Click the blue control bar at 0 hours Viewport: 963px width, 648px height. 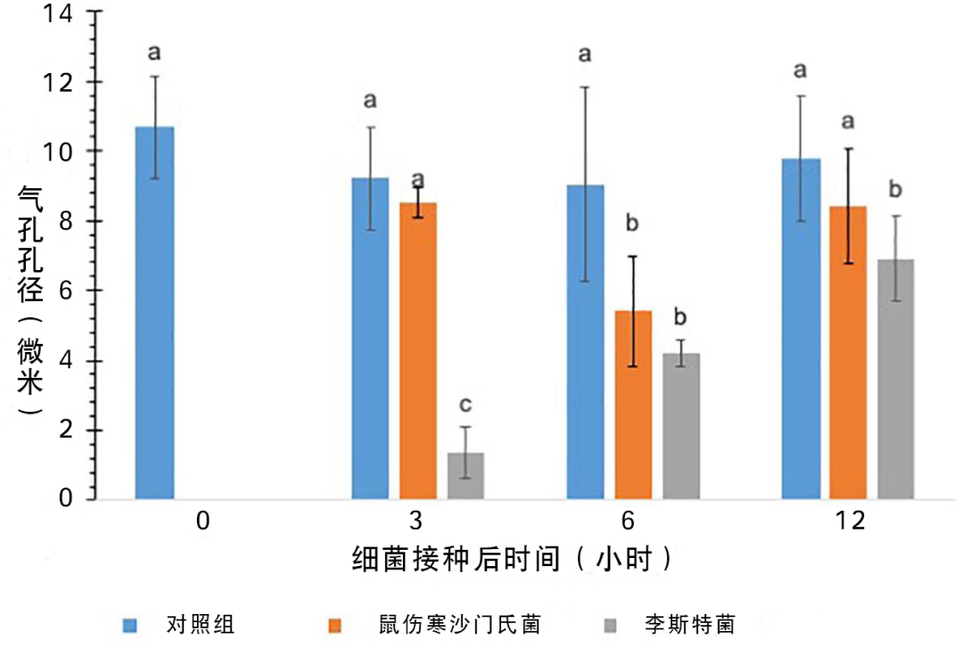(154, 313)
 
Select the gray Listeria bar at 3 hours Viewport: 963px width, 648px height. (465, 476)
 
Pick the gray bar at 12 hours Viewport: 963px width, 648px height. (896, 379)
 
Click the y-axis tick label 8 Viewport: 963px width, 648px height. (65, 221)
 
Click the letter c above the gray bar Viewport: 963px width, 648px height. (465, 406)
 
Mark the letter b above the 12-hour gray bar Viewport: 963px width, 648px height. (895, 190)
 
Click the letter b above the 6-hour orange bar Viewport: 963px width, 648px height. (632, 223)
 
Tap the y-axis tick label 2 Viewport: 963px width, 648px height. (65, 431)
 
